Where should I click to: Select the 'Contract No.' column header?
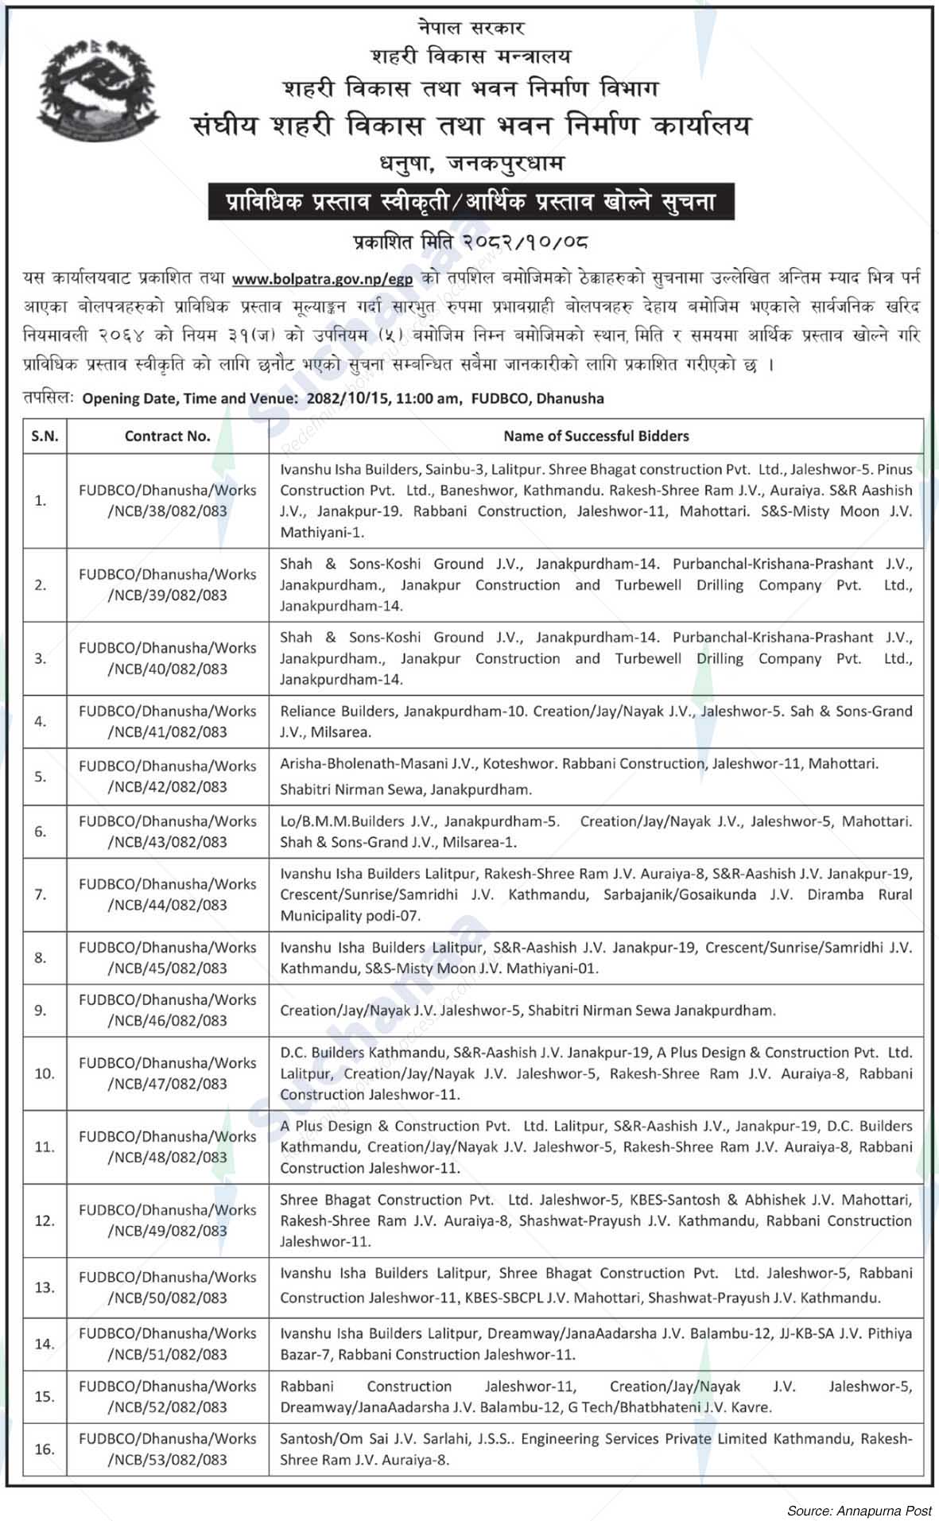(x=167, y=436)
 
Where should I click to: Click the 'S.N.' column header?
(x=45, y=436)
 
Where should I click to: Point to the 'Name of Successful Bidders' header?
(x=596, y=436)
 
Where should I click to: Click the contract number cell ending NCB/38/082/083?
(x=167, y=501)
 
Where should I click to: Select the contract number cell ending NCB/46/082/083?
(x=167, y=1010)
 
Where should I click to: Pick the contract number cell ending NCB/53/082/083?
(x=167, y=1449)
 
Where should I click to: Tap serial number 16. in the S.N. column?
(x=45, y=1449)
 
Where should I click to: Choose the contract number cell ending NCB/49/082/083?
(x=167, y=1220)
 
